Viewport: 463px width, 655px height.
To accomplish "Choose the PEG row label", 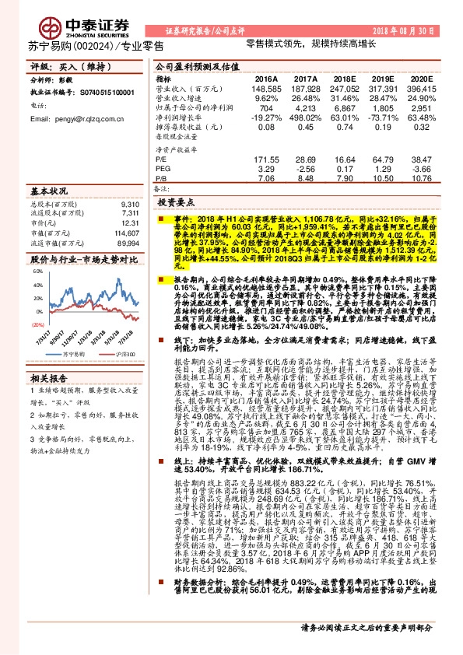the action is tap(163, 167).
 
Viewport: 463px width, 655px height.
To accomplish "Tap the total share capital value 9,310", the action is tap(131, 203).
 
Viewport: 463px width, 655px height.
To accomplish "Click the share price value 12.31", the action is tap(132, 223).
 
